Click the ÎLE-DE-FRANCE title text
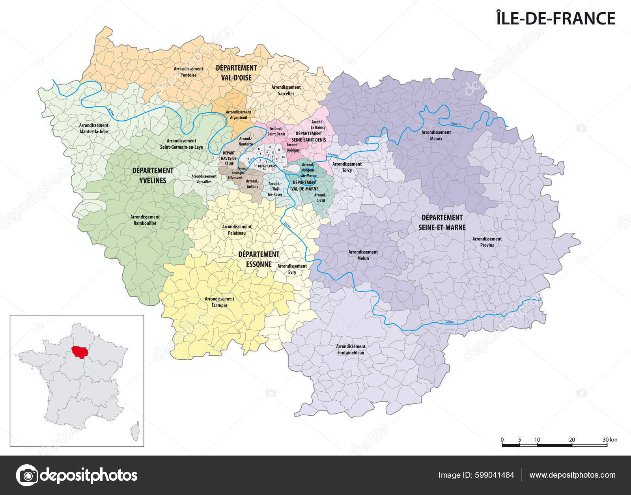[555, 19]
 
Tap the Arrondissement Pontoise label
[189, 72]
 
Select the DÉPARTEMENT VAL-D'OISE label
[236, 73]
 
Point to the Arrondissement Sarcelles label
[286, 90]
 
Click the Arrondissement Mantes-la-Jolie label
[93, 128]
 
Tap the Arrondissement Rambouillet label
[145, 220]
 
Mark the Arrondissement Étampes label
[219, 302]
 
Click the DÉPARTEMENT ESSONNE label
[259, 259]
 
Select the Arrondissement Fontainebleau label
[351, 349]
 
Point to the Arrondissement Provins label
[487, 242]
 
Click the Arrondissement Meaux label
[436, 135]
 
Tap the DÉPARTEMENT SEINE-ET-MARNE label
[442, 222]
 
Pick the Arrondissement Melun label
[363, 255]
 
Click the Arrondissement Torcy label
[347, 167]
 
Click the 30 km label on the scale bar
[609, 440]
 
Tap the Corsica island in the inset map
[136, 431]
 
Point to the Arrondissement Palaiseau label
[237, 230]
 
